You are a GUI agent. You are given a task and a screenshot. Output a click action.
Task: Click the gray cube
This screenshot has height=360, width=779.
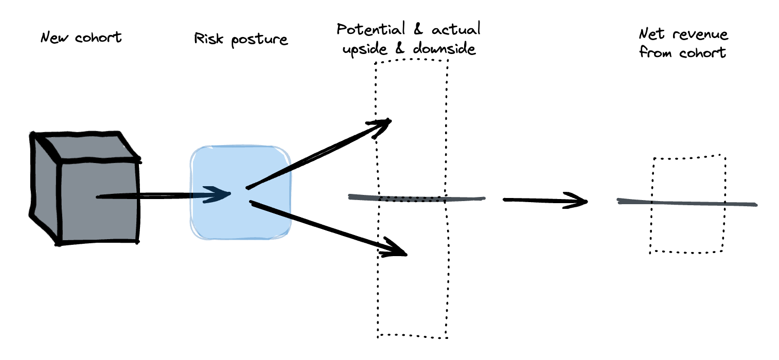click(85, 190)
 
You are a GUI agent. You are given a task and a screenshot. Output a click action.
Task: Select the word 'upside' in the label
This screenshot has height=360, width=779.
click(361, 50)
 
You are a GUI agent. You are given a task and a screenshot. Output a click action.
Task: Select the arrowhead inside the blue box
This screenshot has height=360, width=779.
click(219, 194)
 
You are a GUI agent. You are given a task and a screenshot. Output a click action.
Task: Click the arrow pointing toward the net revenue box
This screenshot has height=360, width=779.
click(545, 201)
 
